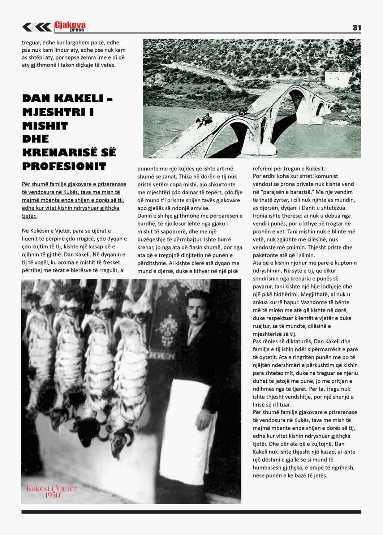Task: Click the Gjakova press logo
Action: click(x=70, y=26)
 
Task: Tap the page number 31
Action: click(x=356, y=28)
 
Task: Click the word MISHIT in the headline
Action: click(x=45, y=126)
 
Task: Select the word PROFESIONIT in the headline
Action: click(x=64, y=166)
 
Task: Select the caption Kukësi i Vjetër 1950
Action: click(x=52, y=492)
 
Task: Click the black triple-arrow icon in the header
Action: click(x=36, y=27)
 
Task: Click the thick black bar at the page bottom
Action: click(x=191, y=512)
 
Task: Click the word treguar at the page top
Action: click(x=32, y=42)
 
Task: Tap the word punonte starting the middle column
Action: click(x=148, y=169)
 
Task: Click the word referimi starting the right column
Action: click(x=263, y=169)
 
